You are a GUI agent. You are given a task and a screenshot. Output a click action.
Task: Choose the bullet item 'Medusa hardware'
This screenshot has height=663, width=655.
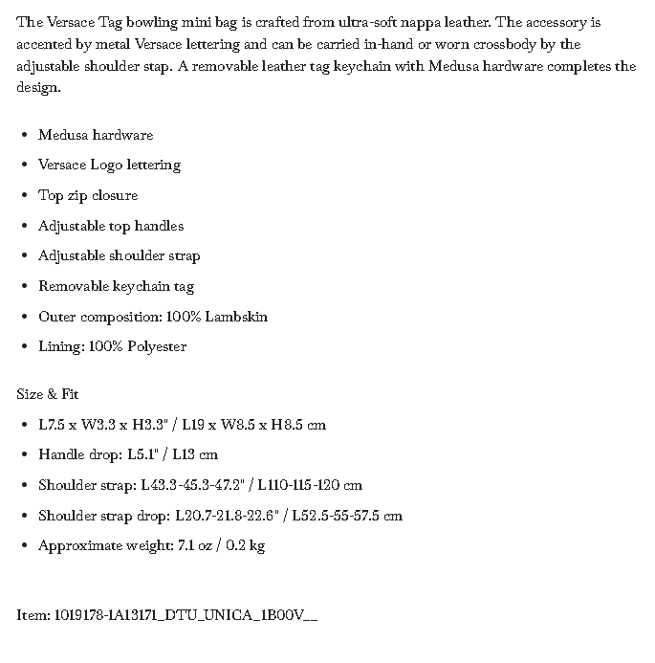click(x=96, y=135)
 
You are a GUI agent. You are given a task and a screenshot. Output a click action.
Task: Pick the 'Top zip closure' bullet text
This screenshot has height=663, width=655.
click(x=88, y=195)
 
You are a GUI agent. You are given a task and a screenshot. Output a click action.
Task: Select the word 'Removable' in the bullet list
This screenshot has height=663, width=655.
click(x=73, y=286)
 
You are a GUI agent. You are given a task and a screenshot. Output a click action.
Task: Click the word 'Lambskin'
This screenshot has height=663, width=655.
click(x=236, y=317)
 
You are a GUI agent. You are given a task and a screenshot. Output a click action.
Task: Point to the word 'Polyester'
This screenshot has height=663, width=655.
click(x=157, y=346)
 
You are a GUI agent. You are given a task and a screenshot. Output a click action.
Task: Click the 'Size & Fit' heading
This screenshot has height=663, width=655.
click(x=48, y=394)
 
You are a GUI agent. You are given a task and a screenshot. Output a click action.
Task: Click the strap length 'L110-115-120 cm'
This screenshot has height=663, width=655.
click(x=310, y=485)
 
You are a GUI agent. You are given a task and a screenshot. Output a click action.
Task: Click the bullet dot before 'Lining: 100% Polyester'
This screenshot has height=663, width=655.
click(x=24, y=347)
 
